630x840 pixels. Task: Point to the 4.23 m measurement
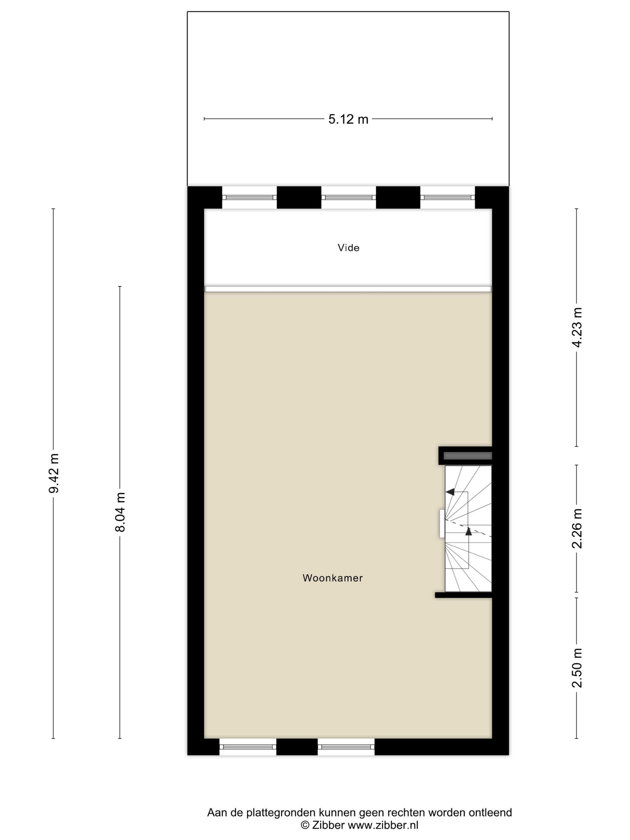(x=577, y=327)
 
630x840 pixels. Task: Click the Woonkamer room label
(x=333, y=578)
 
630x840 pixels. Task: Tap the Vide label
(x=348, y=248)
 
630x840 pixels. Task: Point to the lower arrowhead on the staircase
(x=468, y=531)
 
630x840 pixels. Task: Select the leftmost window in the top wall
(x=249, y=197)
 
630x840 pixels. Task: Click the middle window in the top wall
(x=348, y=197)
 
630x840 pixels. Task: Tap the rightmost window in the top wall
(x=447, y=197)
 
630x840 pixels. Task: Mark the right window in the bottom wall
(x=346, y=747)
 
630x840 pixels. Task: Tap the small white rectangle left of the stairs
(x=442, y=524)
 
